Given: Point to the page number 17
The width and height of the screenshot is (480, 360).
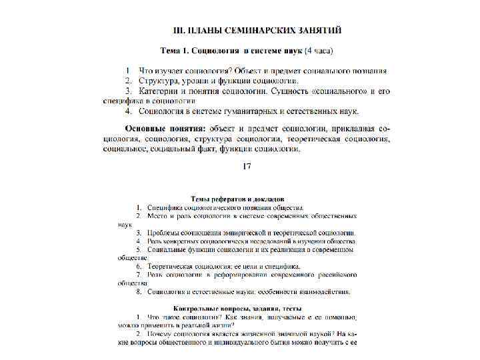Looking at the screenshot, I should pos(247,167).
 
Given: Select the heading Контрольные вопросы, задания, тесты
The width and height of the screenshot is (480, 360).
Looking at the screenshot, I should pos(237,309).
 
